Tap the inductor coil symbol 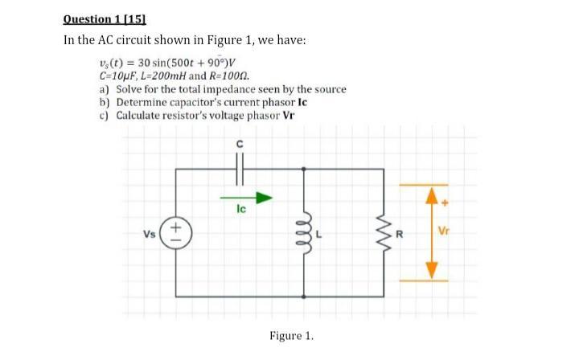coord(305,232)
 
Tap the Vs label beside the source coord(150,233)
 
